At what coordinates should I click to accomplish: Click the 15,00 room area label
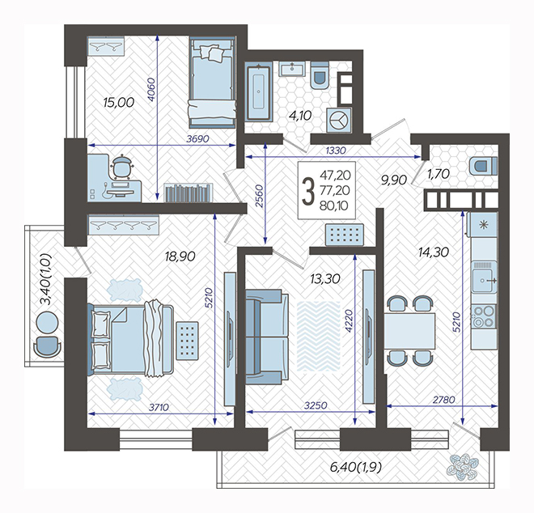(x=119, y=103)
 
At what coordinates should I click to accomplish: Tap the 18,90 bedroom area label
(x=180, y=256)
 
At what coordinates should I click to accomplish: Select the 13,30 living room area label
(x=325, y=279)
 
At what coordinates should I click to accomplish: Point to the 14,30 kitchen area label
(x=434, y=252)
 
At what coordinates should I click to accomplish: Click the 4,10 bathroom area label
(x=300, y=116)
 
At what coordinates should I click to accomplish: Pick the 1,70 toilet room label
(x=438, y=175)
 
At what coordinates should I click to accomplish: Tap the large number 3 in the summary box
(x=309, y=192)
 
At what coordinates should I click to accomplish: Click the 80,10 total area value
(x=334, y=206)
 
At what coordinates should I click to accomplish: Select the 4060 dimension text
(x=151, y=90)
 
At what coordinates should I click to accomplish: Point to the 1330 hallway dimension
(x=336, y=151)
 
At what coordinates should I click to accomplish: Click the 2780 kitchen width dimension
(x=443, y=400)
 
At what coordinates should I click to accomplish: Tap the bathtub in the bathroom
(x=259, y=93)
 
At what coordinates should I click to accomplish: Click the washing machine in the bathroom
(x=339, y=121)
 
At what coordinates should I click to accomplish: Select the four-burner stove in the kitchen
(x=484, y=316)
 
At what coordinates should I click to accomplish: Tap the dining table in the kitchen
(x=409, y=331)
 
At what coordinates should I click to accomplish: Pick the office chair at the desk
(x=121, y=166)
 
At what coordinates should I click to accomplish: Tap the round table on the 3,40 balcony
(x=48, y=322)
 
